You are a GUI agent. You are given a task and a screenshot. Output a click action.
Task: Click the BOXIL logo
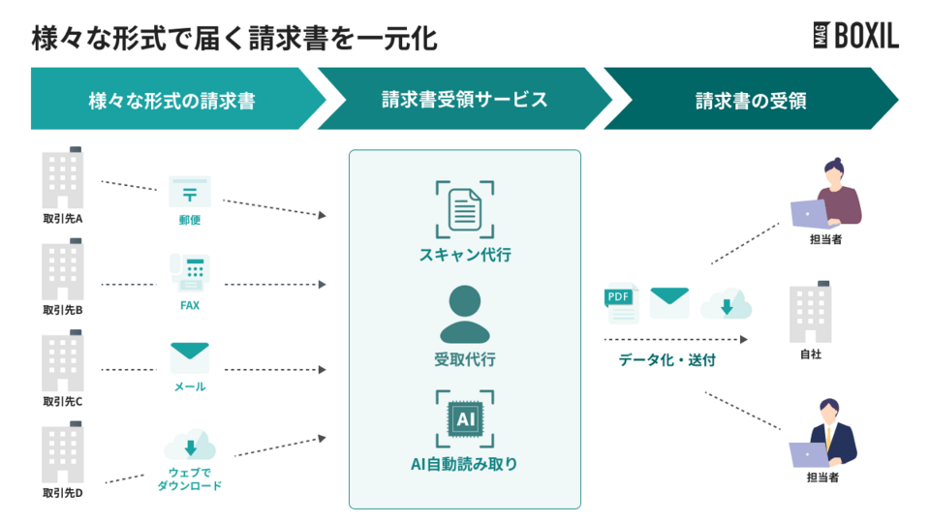(x=855, y=36)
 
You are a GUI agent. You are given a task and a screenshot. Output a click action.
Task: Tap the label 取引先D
(x=63, y=494)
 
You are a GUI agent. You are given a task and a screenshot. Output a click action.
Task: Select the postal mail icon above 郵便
(x=190, y=191)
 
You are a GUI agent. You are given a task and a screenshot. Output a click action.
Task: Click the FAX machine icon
(x=190, y=274)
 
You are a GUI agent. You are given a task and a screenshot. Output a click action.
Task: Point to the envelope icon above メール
(x=190, y=357)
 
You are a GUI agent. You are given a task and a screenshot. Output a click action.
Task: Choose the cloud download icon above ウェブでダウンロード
(x=190, y=446)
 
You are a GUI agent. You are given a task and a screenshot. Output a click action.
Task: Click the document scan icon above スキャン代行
(x=465, y=209)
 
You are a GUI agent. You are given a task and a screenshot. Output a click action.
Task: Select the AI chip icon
(x=465, y=418)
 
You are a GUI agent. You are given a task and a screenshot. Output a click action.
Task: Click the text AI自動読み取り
(x=465, y=464)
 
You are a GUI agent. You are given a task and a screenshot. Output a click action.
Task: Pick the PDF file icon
(x=620, y=304)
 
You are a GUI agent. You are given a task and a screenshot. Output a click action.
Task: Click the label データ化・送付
(x=667, y=360)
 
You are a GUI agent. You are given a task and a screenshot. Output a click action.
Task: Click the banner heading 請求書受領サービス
(x=465, y=100)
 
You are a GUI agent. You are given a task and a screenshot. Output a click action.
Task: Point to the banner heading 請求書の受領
(x=751, y=100)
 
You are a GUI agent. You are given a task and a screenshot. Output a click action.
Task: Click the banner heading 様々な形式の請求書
(x=171, y=100)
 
